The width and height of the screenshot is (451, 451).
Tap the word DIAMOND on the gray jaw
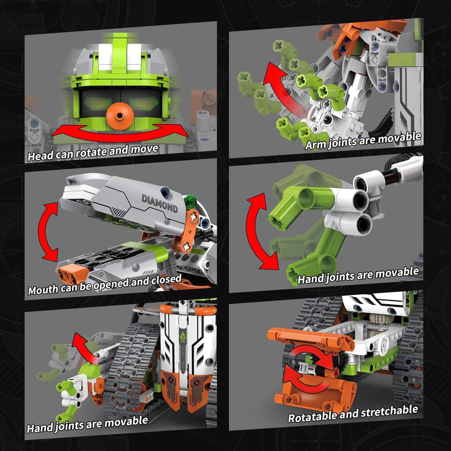(x=160, y=204)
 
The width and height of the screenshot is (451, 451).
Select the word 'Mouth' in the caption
(x=43, y=290)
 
